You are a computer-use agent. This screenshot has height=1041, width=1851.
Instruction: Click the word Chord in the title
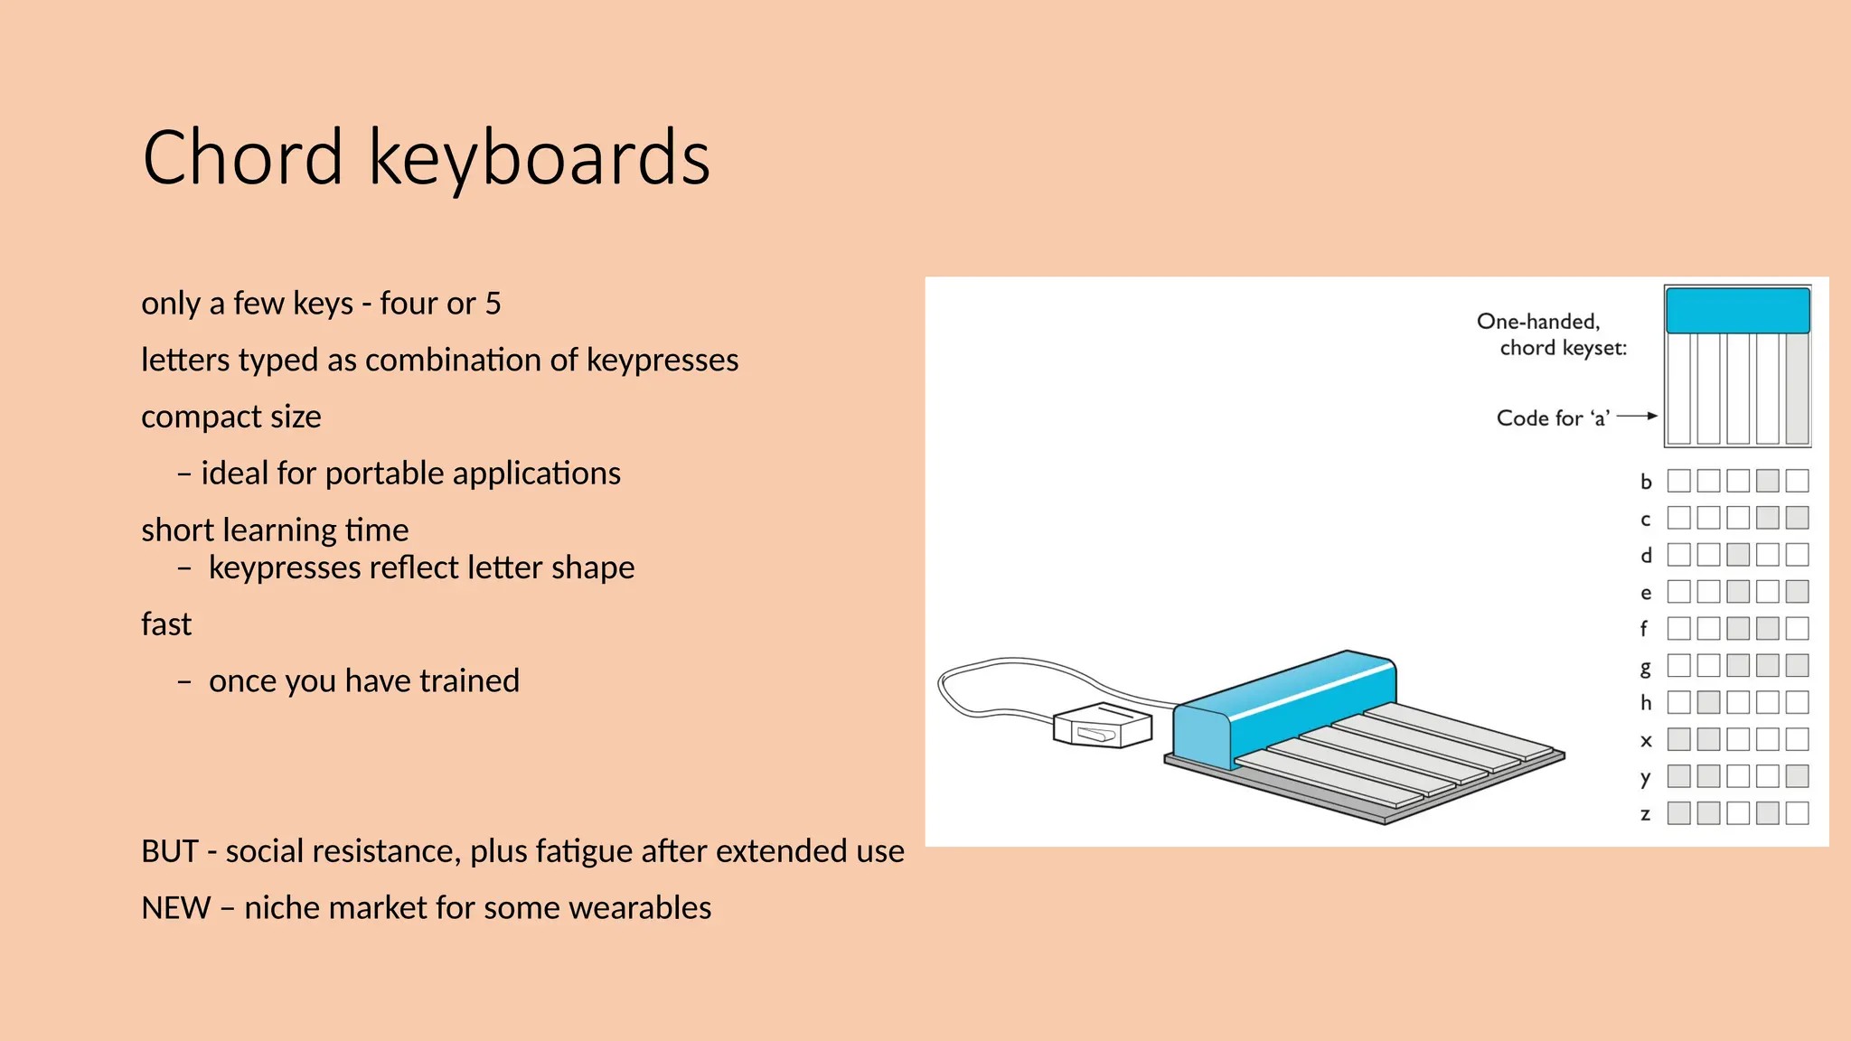(242, 158)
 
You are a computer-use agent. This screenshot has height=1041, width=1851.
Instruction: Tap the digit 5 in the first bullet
(493, 304)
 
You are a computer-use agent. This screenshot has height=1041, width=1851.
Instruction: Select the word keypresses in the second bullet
(662, 361)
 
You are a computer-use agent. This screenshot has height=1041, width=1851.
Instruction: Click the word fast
(166, 624)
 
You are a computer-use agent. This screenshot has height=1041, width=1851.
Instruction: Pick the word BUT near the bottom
(170, 851)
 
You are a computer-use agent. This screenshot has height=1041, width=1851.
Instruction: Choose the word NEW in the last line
(175, 908)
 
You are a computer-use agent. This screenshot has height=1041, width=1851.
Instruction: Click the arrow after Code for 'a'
(1637, 417)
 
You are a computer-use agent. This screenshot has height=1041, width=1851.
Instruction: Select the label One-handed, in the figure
(1538, 322)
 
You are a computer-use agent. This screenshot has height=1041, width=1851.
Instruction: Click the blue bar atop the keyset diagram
(1737, 311)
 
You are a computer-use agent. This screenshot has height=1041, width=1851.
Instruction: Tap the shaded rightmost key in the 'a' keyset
(1798, 389)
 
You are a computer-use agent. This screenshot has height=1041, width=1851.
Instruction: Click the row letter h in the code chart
(1646, 703)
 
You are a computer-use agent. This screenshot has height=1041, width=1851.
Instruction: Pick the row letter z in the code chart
(1646, 814)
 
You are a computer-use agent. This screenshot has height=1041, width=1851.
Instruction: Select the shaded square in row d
(1738, 555)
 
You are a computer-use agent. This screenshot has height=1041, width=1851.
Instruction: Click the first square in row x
(1678, 739)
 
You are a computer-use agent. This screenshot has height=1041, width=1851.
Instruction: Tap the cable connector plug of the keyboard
(1103, 726)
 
